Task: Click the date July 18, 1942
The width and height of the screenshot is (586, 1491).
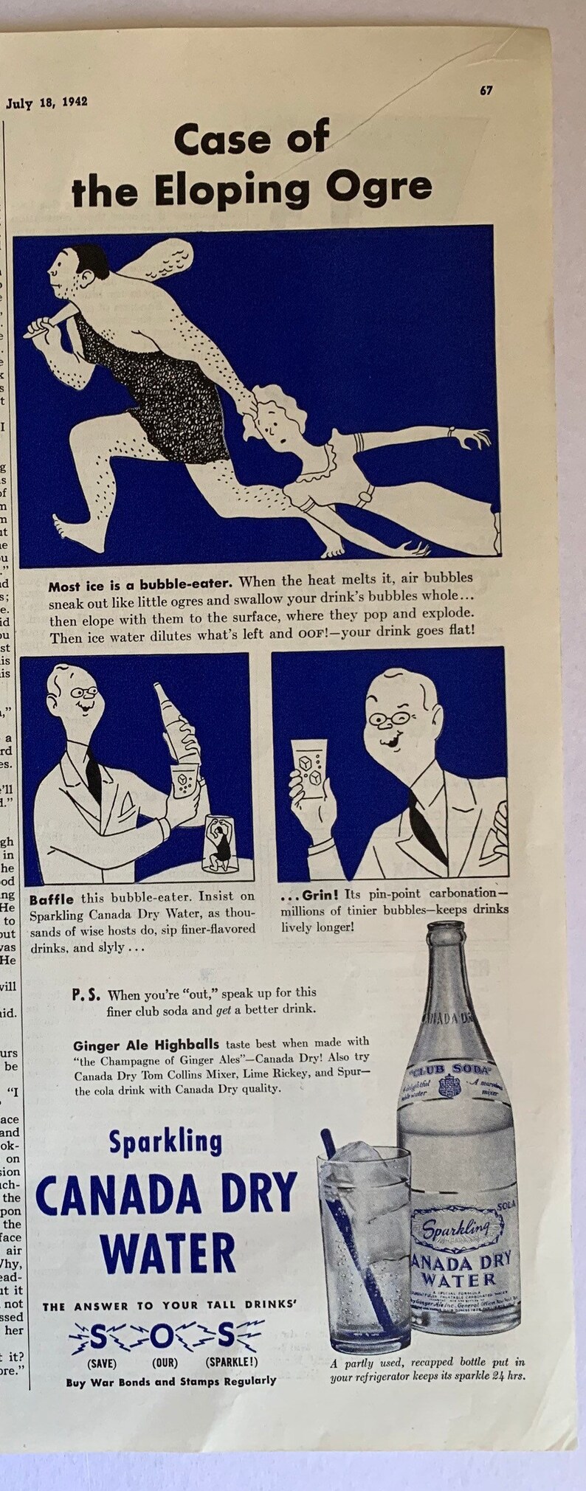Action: click(46, 103)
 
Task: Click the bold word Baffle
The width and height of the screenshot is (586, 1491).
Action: click(51, 899)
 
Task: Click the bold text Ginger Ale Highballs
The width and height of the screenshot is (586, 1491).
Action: click(146, 1044)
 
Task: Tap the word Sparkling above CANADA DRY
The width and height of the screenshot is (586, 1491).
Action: click(165, 1142)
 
